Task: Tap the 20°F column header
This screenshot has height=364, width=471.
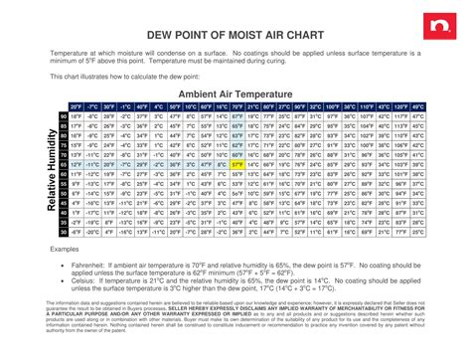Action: click(x=76, y=106)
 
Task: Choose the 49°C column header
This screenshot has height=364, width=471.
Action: click(x=420, y=106)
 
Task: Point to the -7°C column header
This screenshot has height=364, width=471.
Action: click(x=92, y=106)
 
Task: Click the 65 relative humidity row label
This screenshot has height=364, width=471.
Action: click(x=64, y=164)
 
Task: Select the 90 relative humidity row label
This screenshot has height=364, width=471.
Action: click(x=64, y=116)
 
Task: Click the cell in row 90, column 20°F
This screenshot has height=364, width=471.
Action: click(x=76, y=116)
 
